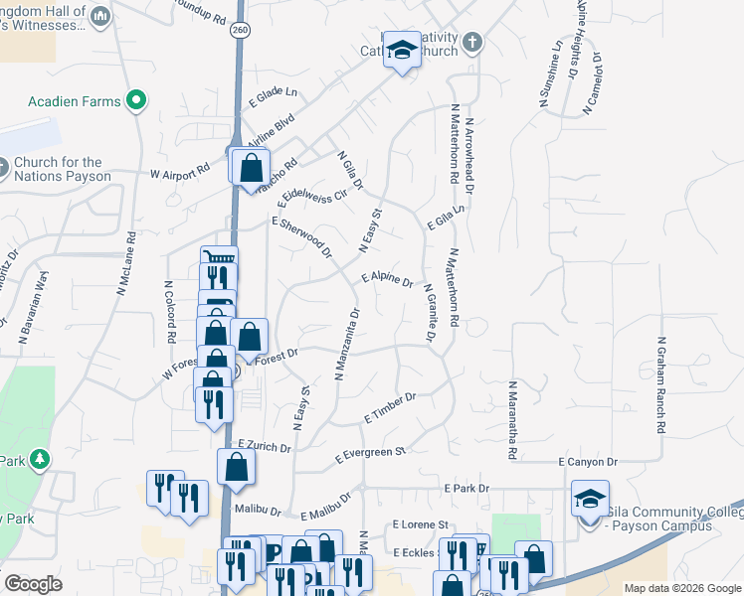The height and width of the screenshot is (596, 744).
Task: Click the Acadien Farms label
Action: click(75, 101)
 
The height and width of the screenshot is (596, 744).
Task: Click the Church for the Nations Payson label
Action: click(58, 169)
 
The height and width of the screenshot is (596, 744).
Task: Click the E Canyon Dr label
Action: click(588, 462)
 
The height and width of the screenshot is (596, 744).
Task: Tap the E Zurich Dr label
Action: click(265, 447)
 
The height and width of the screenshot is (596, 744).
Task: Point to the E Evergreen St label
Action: click(372, 455)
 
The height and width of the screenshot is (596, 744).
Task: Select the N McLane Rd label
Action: click(125, 264)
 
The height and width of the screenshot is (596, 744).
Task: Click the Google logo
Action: click(33, 584)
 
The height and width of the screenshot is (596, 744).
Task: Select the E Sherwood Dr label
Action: click(301, 238)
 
